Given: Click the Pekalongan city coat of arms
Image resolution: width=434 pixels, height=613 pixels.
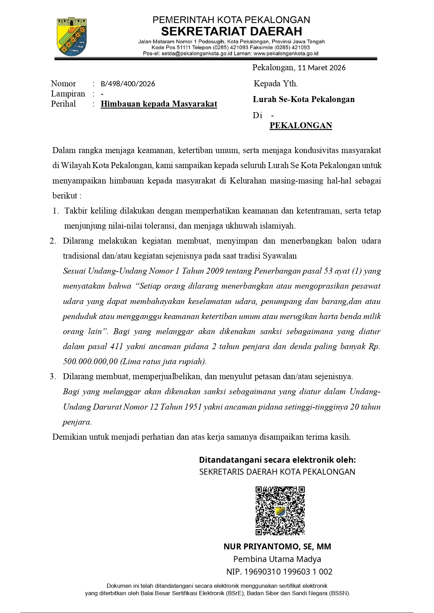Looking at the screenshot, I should (x=72, y=36).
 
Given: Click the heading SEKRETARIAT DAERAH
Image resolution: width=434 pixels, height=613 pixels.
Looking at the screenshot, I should (x=232, y=31).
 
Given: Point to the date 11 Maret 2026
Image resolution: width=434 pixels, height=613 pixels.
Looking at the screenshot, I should (x=321, y=68).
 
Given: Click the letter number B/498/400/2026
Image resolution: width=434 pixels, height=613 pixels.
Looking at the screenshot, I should (x=128, y=84).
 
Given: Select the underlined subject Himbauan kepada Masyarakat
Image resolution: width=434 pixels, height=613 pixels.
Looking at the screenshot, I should (x=159, y=104).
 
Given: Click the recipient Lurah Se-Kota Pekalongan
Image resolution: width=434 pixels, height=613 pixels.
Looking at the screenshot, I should (x=304, y=99).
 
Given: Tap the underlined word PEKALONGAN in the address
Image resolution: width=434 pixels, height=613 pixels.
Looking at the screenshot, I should (x=301, y=125).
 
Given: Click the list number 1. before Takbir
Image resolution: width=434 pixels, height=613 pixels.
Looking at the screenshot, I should (x=56, y=211).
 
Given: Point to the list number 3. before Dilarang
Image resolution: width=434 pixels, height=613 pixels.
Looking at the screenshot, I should (x=53, y=376).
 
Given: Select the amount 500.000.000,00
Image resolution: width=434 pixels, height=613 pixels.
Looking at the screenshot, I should (x=90, y=361).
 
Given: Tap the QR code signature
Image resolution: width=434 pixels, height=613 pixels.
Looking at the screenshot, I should (x=280, y=511).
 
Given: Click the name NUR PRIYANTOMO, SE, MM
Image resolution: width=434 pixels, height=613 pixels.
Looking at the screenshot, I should (x=277, y=547).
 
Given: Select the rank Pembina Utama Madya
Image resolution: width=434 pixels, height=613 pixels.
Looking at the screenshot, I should (x=277, y=559).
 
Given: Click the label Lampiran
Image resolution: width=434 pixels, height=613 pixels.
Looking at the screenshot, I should (x=68, y=94).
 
